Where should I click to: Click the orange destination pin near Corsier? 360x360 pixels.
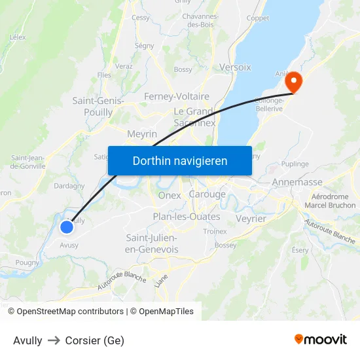(x=293, y=82)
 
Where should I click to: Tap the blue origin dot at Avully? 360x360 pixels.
(x=67, y=227)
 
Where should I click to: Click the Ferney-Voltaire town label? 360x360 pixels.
(x=177, y=96)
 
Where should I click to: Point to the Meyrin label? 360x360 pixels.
(x=142, y=134)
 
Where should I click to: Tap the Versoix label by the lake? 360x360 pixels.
(x=235, y=67)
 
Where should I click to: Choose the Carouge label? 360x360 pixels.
(x=207, y=194)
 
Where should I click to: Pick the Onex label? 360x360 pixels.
(x=170, y=195)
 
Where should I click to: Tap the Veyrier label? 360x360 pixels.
(x=251, y=219)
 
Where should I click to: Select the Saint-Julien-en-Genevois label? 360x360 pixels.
(x=152, y=243)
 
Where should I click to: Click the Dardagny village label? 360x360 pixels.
(x=69, y=186)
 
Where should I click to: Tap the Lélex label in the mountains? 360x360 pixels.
(x=18, y=37)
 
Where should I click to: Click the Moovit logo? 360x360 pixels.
(x=321, y=339)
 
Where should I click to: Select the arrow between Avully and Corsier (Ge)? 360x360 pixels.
(x=54, y=340)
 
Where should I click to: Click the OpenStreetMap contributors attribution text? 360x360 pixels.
(x=70, y=312)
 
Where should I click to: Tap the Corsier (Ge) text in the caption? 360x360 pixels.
(x=94, y=340)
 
